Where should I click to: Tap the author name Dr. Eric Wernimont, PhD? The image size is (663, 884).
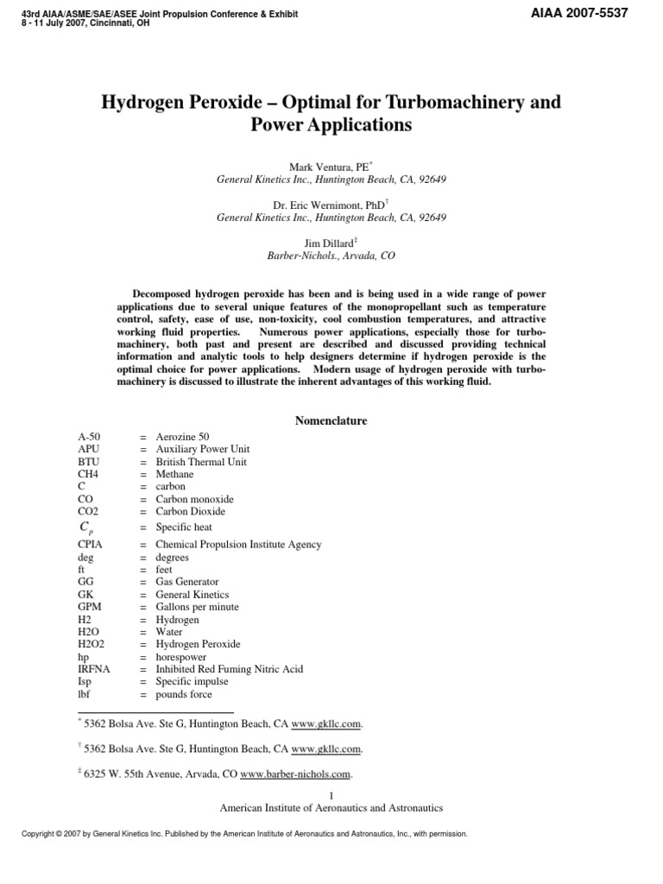coord(330,205)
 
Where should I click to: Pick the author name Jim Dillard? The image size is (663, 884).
coord(331,244)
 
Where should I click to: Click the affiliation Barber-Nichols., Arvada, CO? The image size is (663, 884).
coord(331,256)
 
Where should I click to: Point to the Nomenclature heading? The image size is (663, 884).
coord(331,420)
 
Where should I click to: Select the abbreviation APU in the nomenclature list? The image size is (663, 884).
coord(88,449)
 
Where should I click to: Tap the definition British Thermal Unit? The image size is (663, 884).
coord(200,462)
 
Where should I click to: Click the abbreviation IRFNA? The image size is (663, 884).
coord(93,668)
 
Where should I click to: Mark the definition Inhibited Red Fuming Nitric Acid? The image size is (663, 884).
coord(229,668)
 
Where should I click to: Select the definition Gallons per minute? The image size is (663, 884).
coord(197,607)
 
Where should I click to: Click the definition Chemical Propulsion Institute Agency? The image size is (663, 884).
coord(238,545)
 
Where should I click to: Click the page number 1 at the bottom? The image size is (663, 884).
coord(331,795)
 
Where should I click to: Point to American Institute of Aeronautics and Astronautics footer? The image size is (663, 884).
coord(331,808)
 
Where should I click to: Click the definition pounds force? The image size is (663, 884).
coord(183,693)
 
